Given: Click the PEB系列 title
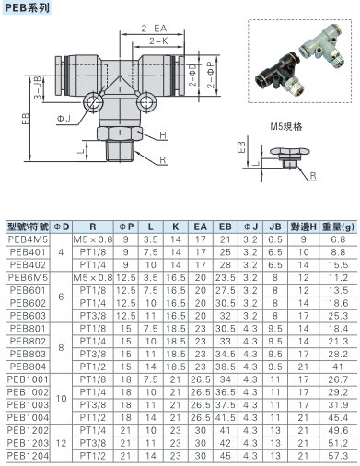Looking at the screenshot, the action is (x=27, y=7).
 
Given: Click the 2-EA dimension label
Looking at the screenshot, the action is (x=154, y=29).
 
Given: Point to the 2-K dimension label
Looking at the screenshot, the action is (x=158, y=41).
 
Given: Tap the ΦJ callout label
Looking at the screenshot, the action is (x=64, y=119).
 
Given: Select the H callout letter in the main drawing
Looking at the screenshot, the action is (x=163, y=135).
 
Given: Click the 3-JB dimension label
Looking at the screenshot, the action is (x=38, y=87).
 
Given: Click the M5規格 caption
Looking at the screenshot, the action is (x=286, y=126).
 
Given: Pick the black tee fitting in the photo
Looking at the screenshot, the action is (x=281, y=72).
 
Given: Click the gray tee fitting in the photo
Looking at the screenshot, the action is (x=322, y=45).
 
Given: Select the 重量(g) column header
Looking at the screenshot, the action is (x=338, y=227).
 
